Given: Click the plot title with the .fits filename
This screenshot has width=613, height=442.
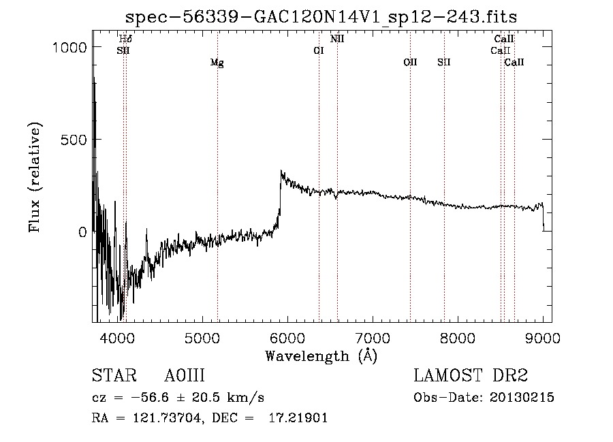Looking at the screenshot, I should coord(321,16).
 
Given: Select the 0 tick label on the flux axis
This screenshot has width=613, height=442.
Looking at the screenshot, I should coord(82,232).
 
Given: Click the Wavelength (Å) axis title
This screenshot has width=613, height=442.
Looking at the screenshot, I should coord(321,356).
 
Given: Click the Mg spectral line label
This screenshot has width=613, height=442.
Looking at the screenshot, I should coord(217,63).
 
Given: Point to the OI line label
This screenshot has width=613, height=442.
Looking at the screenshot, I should coord(318,50).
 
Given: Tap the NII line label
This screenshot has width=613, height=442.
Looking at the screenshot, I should coord(337,39).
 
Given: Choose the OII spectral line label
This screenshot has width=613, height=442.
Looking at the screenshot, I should coord(410,62).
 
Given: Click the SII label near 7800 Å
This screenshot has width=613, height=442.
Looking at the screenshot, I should coord(444,62).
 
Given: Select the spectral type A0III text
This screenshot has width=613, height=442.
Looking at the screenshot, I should coord(185,376).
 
